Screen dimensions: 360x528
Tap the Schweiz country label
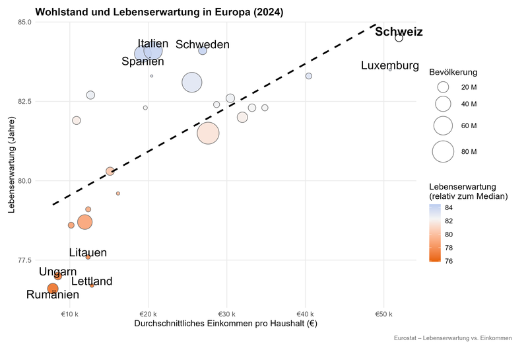pos(399,32)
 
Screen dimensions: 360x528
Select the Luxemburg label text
pos(390,66)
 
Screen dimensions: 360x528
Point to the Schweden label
pos(203,45)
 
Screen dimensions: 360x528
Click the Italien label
pos(153,44)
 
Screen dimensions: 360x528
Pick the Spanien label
pos(143,61)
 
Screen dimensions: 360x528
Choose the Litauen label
pos(88,252)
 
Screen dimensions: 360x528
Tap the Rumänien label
pos(53,295)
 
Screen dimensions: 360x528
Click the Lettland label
pos(92,281)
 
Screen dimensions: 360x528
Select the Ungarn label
pos(57,271)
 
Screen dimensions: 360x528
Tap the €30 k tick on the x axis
pos(226,314)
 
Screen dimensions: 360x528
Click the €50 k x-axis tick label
pos(383,314)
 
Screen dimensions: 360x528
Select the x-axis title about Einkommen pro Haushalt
pos(226,324)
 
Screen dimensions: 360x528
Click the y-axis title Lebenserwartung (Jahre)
pos(11,165)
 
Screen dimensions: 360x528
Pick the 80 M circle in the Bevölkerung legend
pos(443,152)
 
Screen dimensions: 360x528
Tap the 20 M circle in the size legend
pos(443,87)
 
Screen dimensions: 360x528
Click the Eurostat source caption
pos(452,338)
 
